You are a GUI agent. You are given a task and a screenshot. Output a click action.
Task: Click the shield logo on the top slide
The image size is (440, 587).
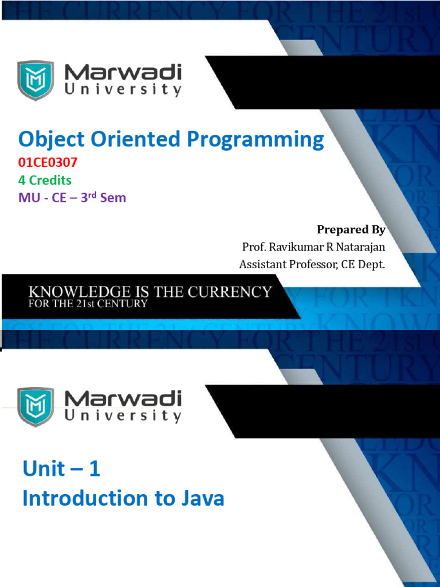pyautogui.click(x=36, y=80)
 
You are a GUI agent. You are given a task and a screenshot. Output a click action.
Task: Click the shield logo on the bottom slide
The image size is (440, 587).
pyautogui.click(x=36, y=407)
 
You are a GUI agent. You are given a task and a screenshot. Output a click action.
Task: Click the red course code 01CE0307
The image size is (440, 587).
pyautogui.click(x=48, y=162)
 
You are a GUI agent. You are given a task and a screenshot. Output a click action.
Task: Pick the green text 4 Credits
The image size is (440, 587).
pyautogui.click(x=45, y=180)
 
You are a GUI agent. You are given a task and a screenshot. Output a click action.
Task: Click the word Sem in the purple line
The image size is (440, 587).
pyautogui.click(x=113, y=197)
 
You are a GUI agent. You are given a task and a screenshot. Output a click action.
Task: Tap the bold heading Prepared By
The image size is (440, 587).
pyautogui.click(x=351, y=230)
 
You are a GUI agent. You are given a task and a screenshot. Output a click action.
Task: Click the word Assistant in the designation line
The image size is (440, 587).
pyautogui.click(x=262, y=264)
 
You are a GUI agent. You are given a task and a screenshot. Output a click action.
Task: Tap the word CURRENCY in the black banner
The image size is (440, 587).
pyautogui.click(x=229, y=292)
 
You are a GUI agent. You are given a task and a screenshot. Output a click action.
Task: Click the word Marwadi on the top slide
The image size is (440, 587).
pyautogui.click(x=123, y=72)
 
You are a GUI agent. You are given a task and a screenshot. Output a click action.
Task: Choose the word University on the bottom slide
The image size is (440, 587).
pyautogui.click(x=123, y=416)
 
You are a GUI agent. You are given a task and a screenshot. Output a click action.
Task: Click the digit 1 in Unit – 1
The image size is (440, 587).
pyautogui.click(x=95, y=468)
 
